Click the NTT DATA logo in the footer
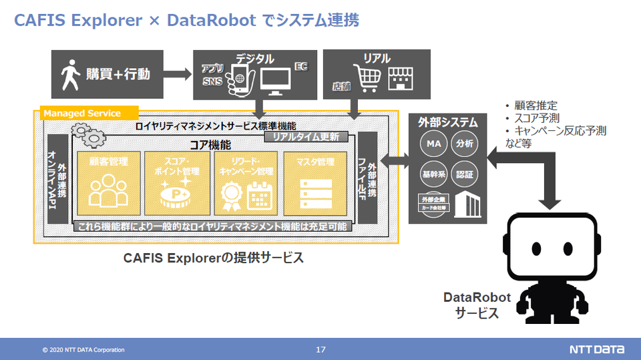coord(597,349)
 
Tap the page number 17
coord(320,349)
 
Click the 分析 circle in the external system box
coord(464,144)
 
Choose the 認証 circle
coord(464,174)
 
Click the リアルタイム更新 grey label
coord(306,137)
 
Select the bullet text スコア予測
coord(534,118)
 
